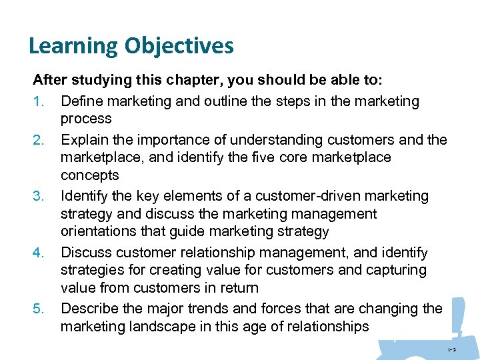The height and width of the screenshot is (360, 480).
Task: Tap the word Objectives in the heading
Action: point(177,46)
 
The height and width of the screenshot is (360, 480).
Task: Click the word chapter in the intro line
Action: point(188,81)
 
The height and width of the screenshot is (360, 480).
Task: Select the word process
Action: point(85,119)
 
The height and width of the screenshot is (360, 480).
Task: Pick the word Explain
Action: point(83,139)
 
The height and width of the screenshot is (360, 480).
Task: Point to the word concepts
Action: point(89,175)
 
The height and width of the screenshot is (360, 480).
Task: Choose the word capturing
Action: point(395,270)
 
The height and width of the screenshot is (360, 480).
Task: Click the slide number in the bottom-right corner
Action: point(451,349)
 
